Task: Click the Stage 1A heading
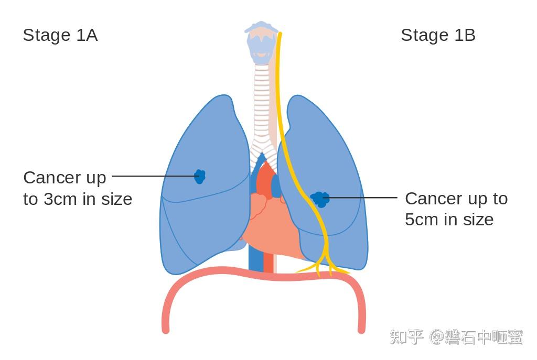tap(60, 35)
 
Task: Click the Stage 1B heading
tap(438, 35)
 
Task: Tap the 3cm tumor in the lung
tap(199, 176)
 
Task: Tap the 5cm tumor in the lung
tap(320, 199)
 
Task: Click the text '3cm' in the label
tap(59, 199)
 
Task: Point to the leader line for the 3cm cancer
tap(152, 176)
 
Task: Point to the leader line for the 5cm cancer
tap(362, 198)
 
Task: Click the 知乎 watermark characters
tap(407, 337)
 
